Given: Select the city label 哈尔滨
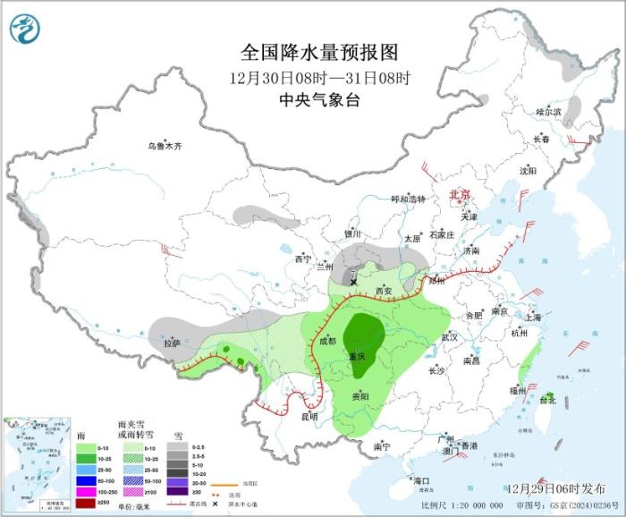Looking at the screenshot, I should tap(548, 112).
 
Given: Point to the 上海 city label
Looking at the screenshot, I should tap(532, 317).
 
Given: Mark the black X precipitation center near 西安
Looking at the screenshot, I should tap(354, 282).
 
